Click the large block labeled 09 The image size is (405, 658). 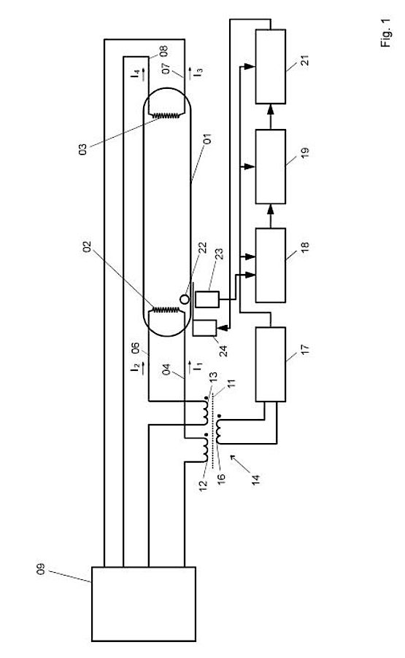tap(144, 604)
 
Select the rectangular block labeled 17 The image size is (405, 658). tap(271, 364)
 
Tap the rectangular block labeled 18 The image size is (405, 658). tap(271, 265)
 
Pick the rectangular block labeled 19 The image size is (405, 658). tap(271, 167)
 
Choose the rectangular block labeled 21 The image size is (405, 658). tap(271, 66)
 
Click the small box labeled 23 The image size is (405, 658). tap(207, 299)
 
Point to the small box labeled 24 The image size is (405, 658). tap(204, 328)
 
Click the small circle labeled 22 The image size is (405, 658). tap(185, 299)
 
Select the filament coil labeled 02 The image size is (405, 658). tap(167, 310)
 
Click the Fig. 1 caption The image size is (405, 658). tap(386, 33)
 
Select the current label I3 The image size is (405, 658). tap(198, 72)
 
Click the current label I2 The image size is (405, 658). tap(135, 367)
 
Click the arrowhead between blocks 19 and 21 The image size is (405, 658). tap(271, 109)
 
